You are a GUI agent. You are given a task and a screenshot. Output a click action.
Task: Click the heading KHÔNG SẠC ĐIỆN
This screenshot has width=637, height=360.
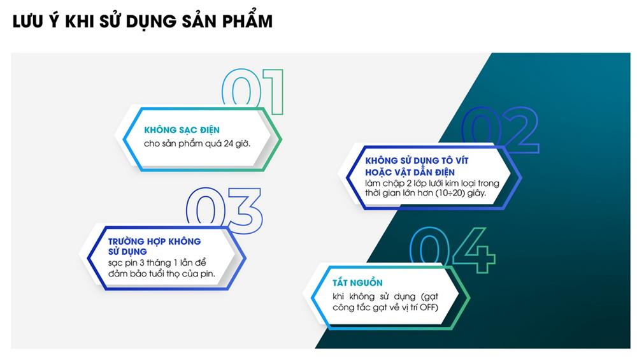point(182,130)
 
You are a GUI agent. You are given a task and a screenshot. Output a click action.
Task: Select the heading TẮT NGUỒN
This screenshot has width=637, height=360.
point(357,282)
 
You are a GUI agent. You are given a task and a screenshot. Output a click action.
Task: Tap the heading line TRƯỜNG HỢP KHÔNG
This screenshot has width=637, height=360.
point(154,241)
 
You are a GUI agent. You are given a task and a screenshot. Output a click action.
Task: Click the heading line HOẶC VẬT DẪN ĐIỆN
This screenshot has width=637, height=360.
point(410,172)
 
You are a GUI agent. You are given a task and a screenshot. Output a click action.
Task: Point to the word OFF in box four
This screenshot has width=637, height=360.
point(428,307)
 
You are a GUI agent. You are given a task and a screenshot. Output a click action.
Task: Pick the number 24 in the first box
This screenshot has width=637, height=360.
point(228,143)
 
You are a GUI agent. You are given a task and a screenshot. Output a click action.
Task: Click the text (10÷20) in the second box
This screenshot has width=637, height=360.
point(450,193)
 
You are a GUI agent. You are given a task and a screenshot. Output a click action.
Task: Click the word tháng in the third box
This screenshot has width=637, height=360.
point(159,263)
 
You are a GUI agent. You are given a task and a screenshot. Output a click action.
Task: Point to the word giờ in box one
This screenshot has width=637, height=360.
point(243,143)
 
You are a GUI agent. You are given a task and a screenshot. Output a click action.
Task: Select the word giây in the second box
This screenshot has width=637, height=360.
point(476,194)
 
